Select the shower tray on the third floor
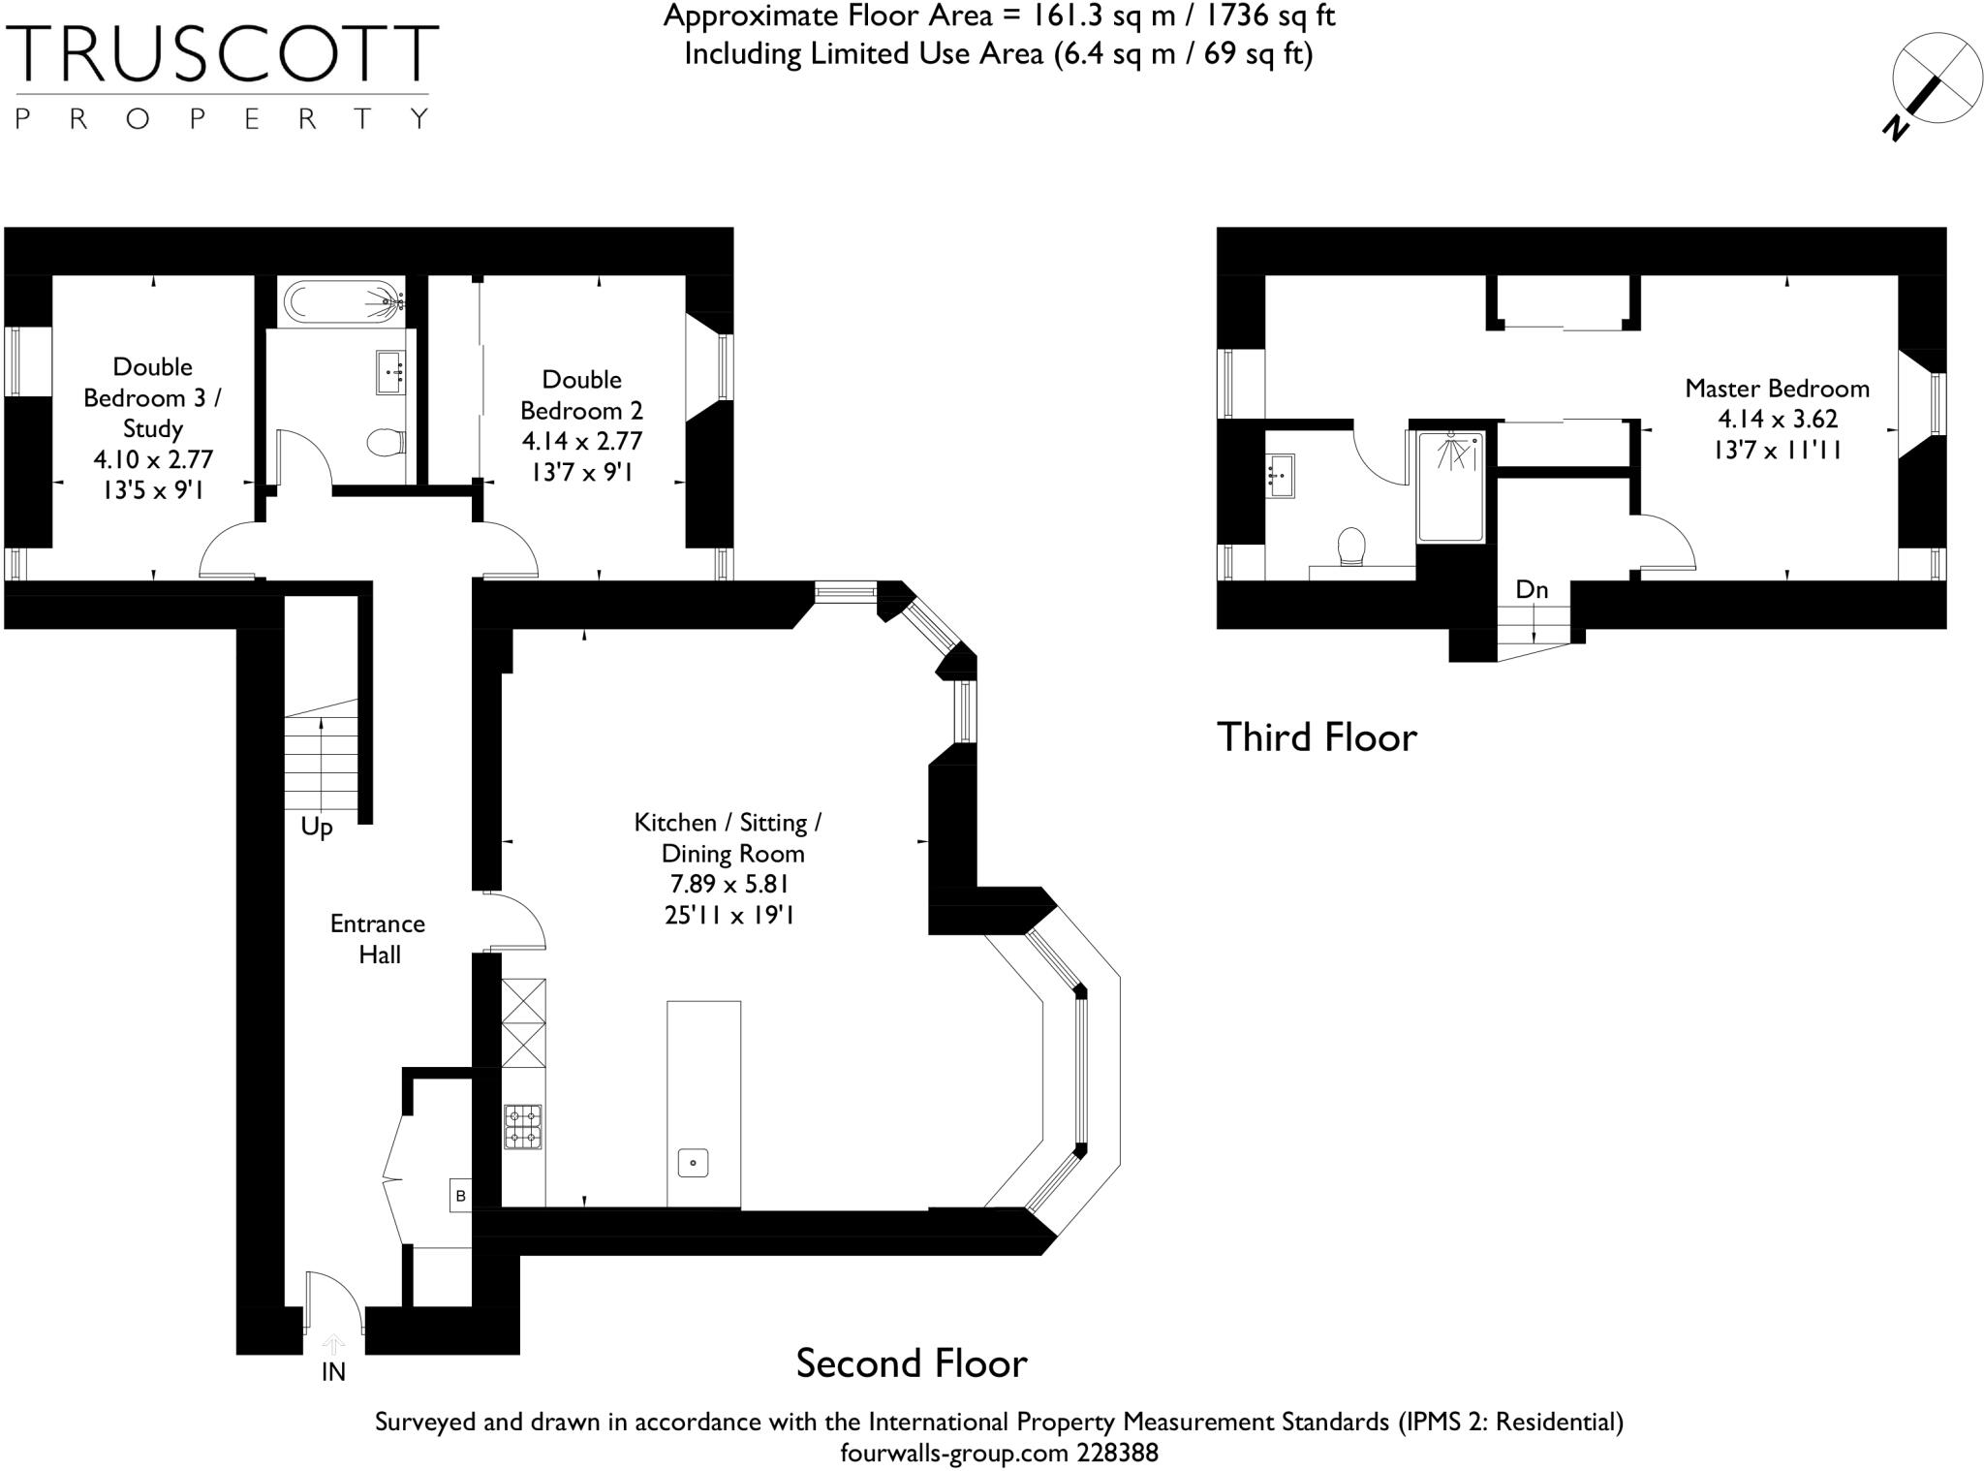(x=1450, y=486)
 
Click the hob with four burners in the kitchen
(x=522, y=1127)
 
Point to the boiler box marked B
(x=460, y=1196)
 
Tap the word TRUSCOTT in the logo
(x=222, y=54)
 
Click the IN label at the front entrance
(x=333, y=1372)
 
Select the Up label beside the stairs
(x=317, y=828)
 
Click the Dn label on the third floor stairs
(x=1532, y=589)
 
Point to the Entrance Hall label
(x=378, y=939)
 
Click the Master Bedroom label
(x=1777, y=389)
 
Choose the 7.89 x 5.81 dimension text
(x=728, y=884)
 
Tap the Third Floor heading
(x=1317, y=737)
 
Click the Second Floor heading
(x=911, y=1363)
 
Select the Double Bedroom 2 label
(x=581, y=394)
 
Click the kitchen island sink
(x=693, y=1162)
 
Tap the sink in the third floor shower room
(x=1281, y=476)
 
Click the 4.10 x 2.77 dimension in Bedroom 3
(x=152, y=459)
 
